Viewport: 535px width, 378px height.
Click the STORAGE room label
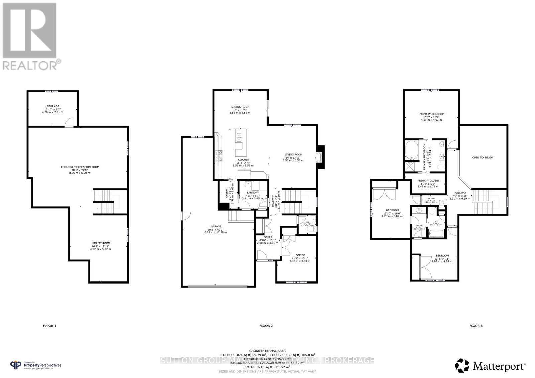tap(53, 106)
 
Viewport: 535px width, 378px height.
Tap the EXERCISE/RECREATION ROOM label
tap(80, 167)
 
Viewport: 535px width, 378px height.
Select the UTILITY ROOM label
tap(101, 243)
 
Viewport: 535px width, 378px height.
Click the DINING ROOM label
tap(240, 107)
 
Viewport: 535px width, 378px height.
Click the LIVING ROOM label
tap(293, 155)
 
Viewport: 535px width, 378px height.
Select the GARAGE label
tap(216, 227)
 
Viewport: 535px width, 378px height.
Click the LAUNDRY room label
tap(253, 193)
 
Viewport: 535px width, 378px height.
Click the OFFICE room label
tap(300, 255)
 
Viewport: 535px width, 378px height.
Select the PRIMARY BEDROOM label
tap(432, 114)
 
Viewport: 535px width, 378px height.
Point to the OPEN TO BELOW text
tap(483, 157)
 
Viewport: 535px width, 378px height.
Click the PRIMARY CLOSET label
tap(428, 181)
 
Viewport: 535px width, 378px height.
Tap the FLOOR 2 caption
tap(266, 325)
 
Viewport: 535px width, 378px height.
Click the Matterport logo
tap(490, 367)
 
